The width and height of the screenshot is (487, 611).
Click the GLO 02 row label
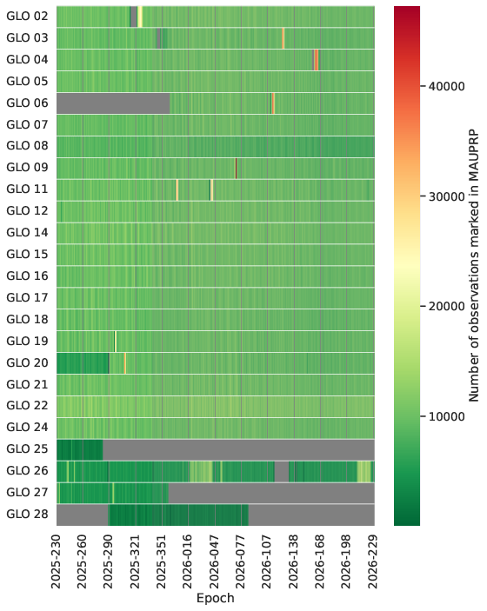point(27,17)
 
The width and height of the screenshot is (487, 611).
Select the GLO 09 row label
point(27,168)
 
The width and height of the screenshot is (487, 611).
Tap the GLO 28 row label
point(27,515)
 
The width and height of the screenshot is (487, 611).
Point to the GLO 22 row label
point(27,406)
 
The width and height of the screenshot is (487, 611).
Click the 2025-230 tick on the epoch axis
point(57,561)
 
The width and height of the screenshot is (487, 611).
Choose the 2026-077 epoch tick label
point(242,561)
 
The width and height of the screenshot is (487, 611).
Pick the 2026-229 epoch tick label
point(374,561)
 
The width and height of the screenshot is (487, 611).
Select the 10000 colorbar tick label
point(447,416)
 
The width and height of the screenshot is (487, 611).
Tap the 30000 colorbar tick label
point(447,196)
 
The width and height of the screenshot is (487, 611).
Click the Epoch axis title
point(215,598)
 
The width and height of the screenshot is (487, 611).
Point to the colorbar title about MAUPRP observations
point(473,265)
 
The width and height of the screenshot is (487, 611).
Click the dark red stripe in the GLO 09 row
point(236,169)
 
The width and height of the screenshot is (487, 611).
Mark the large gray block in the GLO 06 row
point(113,103)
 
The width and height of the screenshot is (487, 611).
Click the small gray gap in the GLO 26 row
point(282,471)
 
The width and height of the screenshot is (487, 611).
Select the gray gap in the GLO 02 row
point(134,17)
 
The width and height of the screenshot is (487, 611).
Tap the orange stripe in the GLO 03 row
point(284,38)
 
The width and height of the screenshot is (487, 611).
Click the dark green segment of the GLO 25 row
point(80,449)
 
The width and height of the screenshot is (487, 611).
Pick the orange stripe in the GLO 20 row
point(124,363)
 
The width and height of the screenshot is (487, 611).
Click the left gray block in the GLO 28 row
point(83,515)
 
